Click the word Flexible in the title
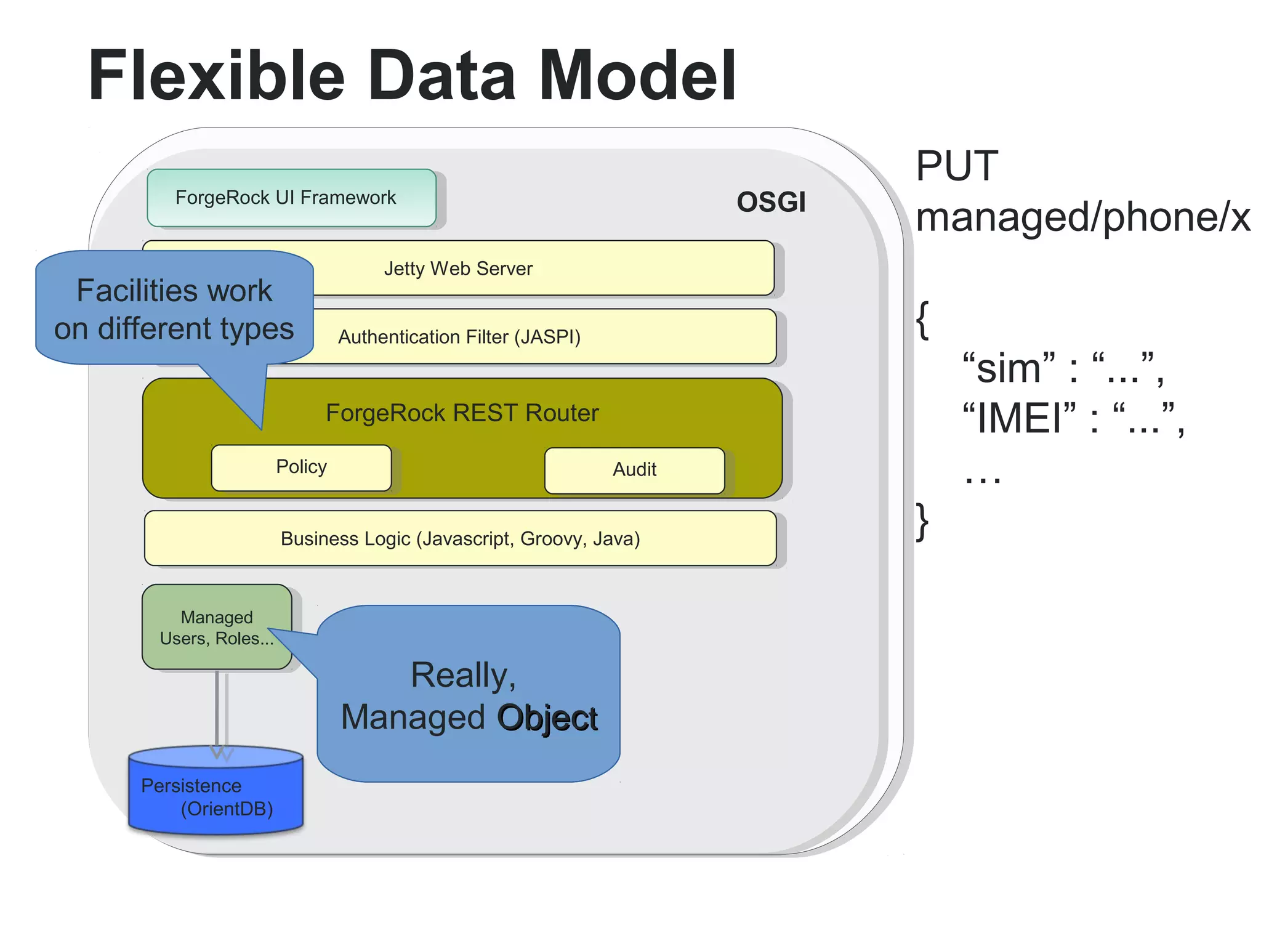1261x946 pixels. [216, 76]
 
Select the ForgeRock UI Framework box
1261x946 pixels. [291, 198]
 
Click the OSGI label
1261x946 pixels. [771, 202]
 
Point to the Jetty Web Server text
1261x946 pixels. [458, 269]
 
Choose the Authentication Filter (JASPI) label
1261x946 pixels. [459, 337]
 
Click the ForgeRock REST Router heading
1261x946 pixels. [462, 413]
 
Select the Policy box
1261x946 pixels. [301, 467]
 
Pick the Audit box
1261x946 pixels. [634, 470]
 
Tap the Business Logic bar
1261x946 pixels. [460, 538]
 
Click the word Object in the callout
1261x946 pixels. [547, 718]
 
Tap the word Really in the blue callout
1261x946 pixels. [462, 675]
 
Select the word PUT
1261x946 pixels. [956, 166]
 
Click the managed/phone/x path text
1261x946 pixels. [1082, 217]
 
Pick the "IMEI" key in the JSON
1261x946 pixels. [1020, 419]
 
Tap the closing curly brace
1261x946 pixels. [922, 521]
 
